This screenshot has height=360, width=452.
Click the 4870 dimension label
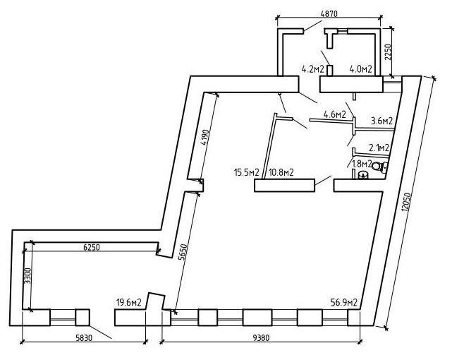click(329, 13)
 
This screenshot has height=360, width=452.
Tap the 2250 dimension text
click(389, 52)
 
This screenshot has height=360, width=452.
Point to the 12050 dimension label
click(406, 203)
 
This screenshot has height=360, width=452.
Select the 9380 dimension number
click(261, 337)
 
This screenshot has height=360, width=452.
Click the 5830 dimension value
click(84, 337)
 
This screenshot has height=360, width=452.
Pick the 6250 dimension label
click(92, 247)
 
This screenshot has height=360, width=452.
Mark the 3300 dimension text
click(28, 275)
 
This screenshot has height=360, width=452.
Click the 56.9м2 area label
click(344, 302)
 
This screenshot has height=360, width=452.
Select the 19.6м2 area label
click(128, 303)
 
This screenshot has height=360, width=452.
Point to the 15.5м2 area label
click(247, 172)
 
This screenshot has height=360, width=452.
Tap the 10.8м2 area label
click(281, 172)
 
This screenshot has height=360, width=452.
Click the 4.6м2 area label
click(335, 114)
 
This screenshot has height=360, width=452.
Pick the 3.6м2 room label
click(381, 121)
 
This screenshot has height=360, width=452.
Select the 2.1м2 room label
click(379, 148)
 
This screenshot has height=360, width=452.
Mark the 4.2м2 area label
click(313, 69)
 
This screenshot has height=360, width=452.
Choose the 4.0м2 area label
click(360, 69)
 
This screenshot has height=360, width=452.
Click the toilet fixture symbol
click(379, 167)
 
